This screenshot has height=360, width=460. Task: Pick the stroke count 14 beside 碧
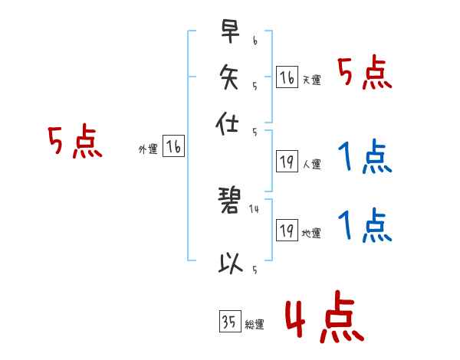(x=255, y=208)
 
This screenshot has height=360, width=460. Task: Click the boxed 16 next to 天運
(x=287, y=77)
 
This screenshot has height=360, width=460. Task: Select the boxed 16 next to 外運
(x=174, y=148)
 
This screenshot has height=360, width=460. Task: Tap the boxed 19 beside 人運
(x=287, y=161)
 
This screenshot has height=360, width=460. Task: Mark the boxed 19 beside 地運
(x=287, y=231)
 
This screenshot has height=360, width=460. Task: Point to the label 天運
(x=311, y=80)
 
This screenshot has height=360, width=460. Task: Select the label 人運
(x=311, y=163)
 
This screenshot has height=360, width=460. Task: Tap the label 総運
(x=255, y=324)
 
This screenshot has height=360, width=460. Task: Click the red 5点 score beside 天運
(x=365, y=74)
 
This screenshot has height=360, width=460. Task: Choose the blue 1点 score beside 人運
(x=365, y=158)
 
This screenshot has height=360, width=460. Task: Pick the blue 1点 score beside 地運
(x=365, y=227)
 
